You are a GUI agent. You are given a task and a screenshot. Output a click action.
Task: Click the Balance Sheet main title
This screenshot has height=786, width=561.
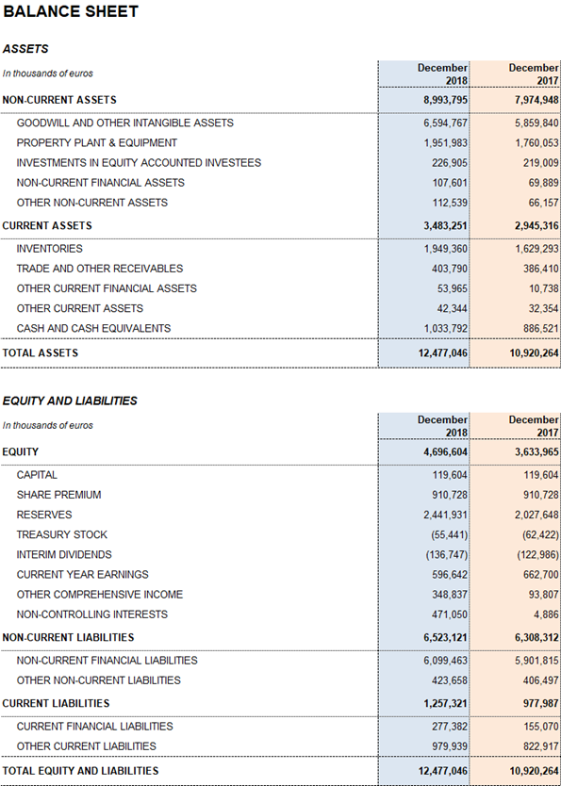tap(71, 11)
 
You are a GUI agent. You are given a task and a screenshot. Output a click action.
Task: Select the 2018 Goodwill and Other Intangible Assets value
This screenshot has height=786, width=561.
tap(446, 123)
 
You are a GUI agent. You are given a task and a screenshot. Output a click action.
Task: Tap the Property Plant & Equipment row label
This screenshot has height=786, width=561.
tap(97, 143)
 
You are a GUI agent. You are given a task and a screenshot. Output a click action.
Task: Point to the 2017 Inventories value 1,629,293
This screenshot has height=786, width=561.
tap(536, 249)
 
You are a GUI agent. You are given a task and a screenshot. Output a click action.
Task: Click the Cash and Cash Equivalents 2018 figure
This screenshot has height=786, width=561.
tap(446, 328)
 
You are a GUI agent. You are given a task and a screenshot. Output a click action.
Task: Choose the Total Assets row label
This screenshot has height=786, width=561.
tap(41, 352)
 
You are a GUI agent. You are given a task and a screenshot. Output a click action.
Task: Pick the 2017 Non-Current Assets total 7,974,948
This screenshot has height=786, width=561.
tap(536, 100)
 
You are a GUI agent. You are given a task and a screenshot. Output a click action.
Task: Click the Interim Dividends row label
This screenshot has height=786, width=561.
tap(64, 554)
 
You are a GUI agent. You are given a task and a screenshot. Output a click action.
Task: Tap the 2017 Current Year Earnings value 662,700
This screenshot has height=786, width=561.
tap(540, 575)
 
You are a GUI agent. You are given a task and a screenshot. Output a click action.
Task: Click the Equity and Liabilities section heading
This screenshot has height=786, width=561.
tap(70, 401)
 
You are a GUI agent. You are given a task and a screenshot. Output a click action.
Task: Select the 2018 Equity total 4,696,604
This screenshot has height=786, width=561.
tap(446, 451)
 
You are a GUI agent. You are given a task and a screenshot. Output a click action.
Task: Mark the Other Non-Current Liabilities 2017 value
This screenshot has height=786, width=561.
tap(540, 680)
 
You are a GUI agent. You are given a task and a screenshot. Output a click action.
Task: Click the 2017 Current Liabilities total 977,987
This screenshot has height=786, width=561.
tap(539, 703)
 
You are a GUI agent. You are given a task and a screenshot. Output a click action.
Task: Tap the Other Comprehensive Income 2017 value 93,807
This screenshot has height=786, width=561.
tap(542, 595)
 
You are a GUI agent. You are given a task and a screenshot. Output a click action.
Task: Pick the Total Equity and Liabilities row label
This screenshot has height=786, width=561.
tap(80, 771)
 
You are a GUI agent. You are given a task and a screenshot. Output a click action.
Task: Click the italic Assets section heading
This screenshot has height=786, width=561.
tap(25, 49)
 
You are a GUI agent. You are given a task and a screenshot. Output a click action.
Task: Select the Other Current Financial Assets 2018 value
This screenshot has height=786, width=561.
tap(453, 288)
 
